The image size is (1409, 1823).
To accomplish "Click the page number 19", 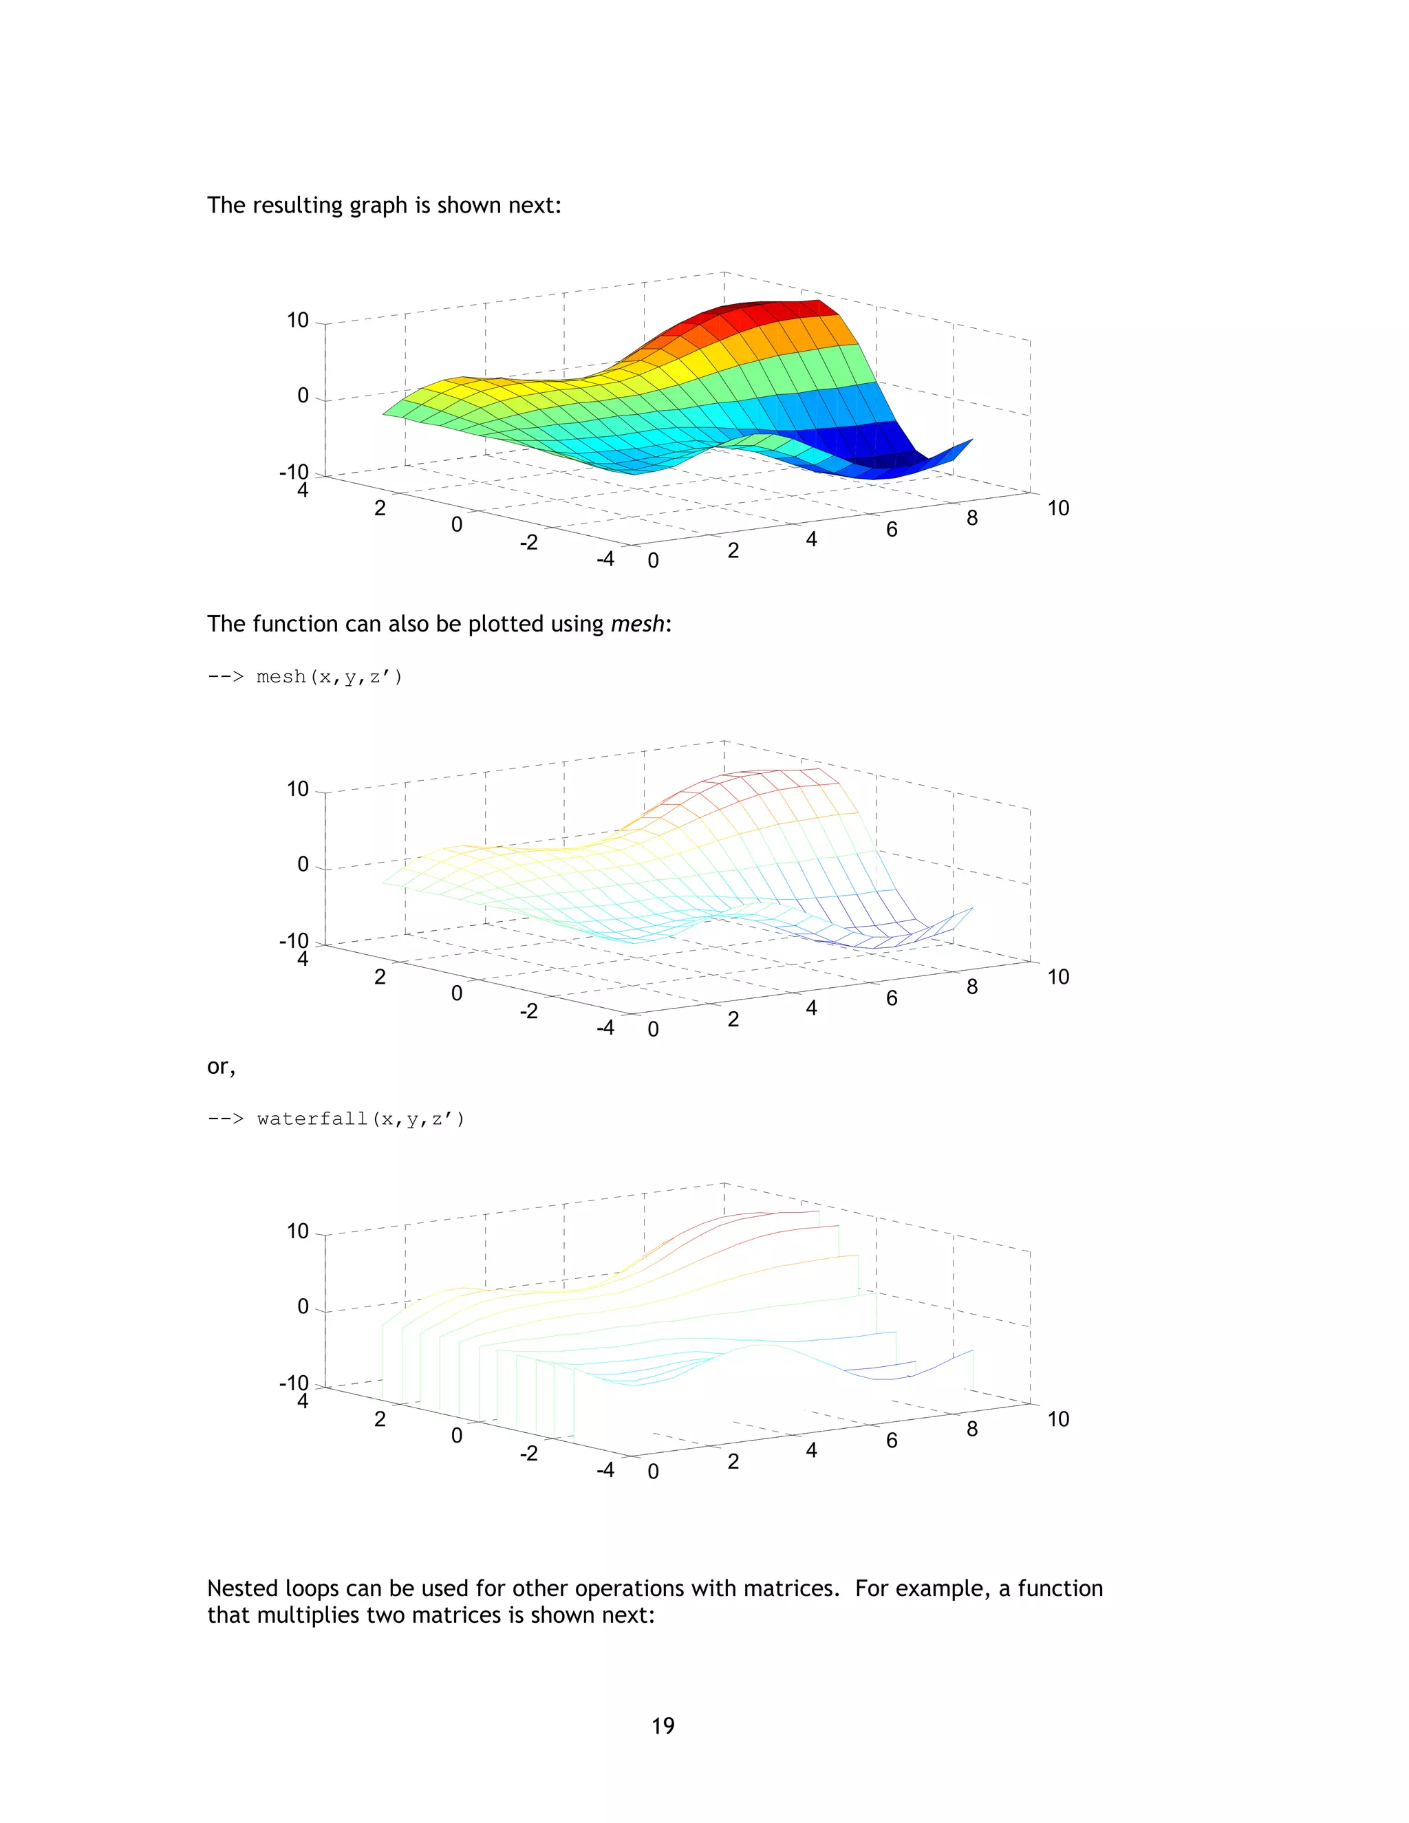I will (x=663, y=1725).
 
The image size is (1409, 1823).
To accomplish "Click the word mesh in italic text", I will (x=637, y=625).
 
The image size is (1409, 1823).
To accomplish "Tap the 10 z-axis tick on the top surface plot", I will (x=298, y=321).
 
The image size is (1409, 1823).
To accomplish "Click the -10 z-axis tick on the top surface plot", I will (x=294, y=473).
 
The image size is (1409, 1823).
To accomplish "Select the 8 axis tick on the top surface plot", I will (x=971, y=519).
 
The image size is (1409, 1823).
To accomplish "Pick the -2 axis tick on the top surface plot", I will (x=529, y=543).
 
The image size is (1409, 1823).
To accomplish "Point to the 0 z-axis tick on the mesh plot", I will (x=303, y=865).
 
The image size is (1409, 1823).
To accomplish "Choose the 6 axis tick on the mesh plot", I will (x=892, y=998).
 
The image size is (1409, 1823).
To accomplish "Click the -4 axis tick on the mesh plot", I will (x=605, y=1028).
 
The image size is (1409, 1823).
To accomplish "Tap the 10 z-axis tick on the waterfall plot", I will (x=298, y=1231).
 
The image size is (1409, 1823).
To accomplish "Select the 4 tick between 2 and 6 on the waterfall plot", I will (x=811, y=1450).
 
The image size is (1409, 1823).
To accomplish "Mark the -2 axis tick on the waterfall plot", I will (x=529, y=1453).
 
